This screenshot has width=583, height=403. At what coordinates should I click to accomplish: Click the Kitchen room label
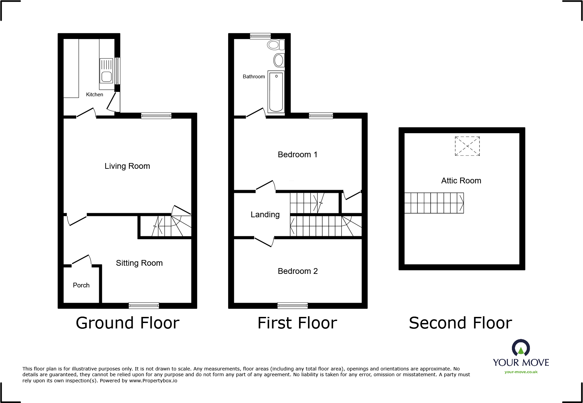pyautogui.click(x=94, y=95)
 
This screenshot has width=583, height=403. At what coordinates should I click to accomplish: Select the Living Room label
pyautogui.click(x=127, y=166)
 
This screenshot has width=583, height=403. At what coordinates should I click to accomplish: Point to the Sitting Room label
pyautogui.click(x=139, y=263)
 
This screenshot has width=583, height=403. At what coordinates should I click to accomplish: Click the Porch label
pyautogui.click(x=81, y=285)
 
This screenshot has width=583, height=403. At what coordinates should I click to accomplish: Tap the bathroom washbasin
pyautogui.click(x=279, y=60)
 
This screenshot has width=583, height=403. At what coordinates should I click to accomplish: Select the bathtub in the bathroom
pyautogui.click(x=276, y=92)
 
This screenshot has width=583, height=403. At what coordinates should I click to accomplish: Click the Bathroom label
pyautogui.click(x=254, y=77)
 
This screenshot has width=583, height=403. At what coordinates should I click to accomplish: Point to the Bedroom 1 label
pyautogui.click(x=298, y=155)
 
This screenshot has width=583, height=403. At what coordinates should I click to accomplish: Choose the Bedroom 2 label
pyautogui.click(x=298, y=271)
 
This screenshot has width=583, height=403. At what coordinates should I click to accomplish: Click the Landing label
pyautogui.click(x=265, y=215)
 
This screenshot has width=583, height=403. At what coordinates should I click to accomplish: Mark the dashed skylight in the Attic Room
pyautogui.click(x=467, y=146)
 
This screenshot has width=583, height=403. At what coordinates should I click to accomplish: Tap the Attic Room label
pyautogui.click(x=461, y=181)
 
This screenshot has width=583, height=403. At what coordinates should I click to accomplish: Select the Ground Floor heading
pyautogui.click(x=128, y=323)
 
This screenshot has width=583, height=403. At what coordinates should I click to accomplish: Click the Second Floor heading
pyautogui.click(x=460, y=323)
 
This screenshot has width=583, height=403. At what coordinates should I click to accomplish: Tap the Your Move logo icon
pyautogui.click(x=521, y=348)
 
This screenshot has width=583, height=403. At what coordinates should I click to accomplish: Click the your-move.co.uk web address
pyautogui.click(x=521, y=372)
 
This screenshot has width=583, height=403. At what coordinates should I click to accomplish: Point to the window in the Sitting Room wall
pyautogui.click(x=144, y=306)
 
